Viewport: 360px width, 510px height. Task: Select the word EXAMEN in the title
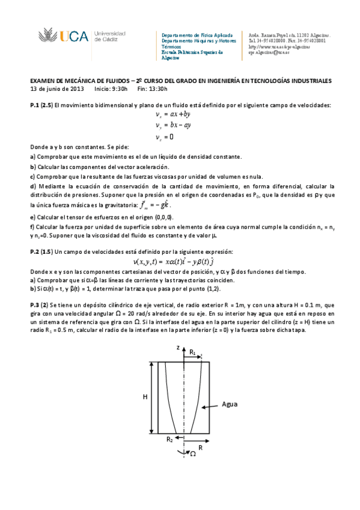coord(43,81)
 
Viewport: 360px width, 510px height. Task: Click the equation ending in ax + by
coord(173,114)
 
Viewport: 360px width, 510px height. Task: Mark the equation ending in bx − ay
coord(173,125)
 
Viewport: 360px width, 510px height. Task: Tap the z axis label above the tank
coord(178,348)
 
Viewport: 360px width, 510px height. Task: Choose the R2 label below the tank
coord(171,440)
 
